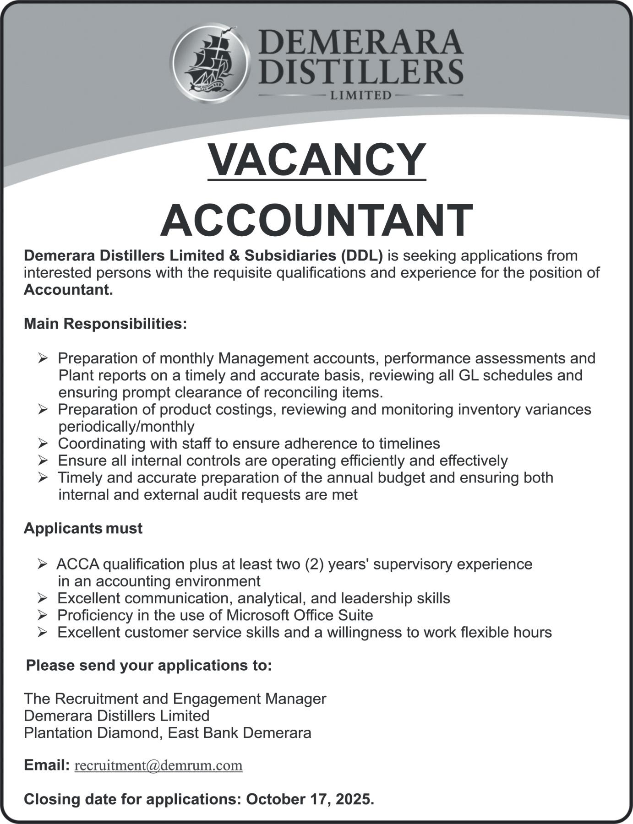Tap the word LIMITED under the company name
(361, 96)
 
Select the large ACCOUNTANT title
(316, 220)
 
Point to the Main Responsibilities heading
(105, 324)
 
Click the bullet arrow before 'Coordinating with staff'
(43, 443)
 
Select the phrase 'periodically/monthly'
(126, 426)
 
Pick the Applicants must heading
(83, 528)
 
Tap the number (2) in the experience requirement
(315, 564)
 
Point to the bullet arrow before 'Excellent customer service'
(43, 632)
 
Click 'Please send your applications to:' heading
(149, 665)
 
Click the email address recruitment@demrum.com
(158, 765)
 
